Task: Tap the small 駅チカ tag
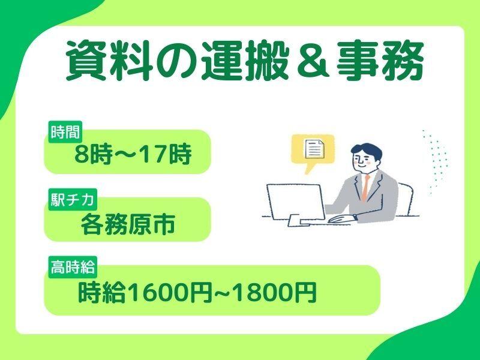tap(71, 197)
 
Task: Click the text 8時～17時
tap(133, 155)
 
